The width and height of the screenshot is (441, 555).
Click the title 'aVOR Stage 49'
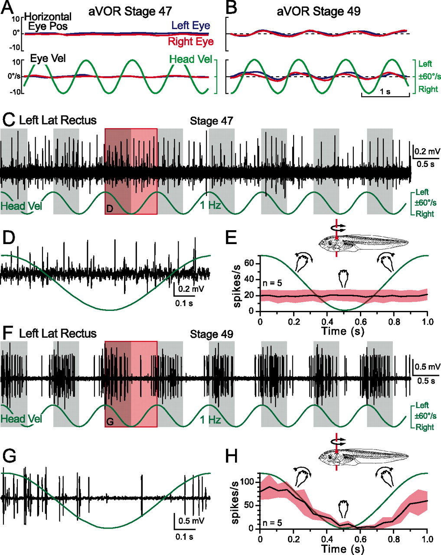pos(319,12)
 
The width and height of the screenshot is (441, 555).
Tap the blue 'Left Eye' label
pos(191,26)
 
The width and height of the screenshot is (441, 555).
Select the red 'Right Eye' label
pos(191,42)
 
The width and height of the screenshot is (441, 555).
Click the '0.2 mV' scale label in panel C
pos(426,152)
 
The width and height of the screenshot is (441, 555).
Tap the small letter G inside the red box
pos(110,423)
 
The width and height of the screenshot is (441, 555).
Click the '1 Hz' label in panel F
pos(210,420)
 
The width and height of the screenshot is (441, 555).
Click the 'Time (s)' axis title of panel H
pos(343,548)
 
